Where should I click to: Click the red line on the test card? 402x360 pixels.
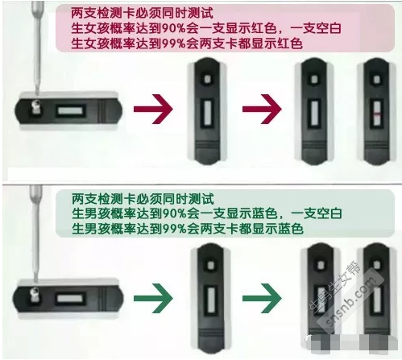coord(377,114)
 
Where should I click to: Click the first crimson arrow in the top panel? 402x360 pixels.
coord(153,110)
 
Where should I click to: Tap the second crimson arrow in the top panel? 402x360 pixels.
coord(262,110)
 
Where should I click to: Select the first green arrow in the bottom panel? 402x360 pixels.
coord(153,298)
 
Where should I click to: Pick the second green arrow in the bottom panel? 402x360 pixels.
coord(262,298)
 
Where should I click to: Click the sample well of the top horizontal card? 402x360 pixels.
coord(35,108)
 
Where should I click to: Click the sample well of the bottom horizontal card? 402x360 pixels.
coord(35,296)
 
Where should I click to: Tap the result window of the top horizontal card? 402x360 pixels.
coord(71,110)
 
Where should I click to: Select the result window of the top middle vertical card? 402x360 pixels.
coord(208,113)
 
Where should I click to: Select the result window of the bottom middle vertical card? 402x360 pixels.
coord(210,300)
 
